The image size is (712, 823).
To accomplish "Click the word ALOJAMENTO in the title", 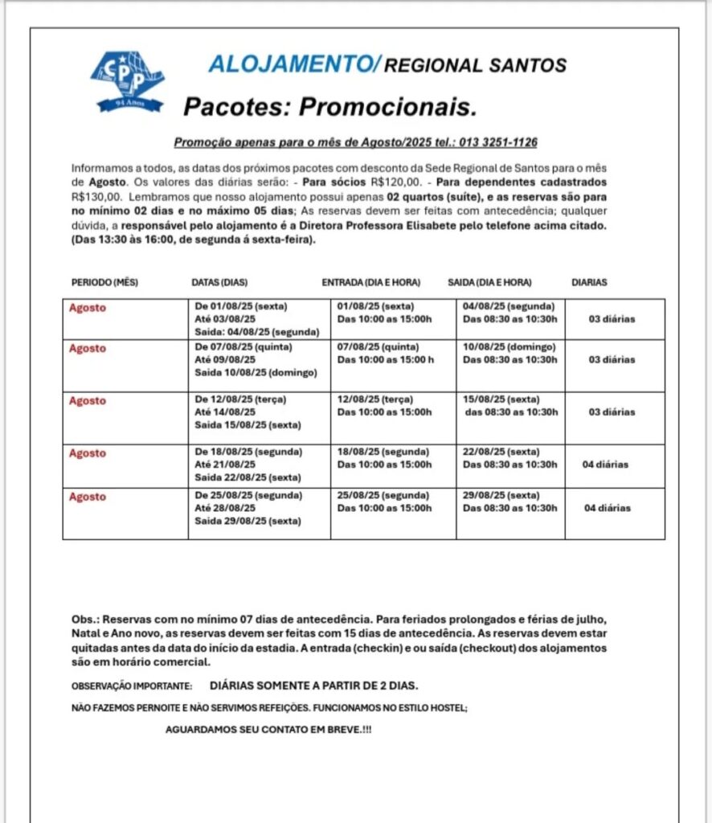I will pyautogui.click(x=290, y=65).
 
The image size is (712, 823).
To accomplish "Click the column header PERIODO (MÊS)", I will pyautogui.click(x=105, y=282).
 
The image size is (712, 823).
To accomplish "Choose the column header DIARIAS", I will pyautogui.click(x=589, y=282).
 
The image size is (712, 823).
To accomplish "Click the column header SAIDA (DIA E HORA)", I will pyautogui.click(x=489, y=282).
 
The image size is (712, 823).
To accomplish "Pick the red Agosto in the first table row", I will pyautogui.click(x=87, y=308).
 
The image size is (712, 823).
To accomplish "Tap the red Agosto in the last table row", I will pyautogui.click(x=87, y=497).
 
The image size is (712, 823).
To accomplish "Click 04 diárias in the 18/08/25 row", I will pyautogui.click(x=606, y=465).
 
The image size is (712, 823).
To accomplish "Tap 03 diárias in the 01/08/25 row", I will pyautogui.click(x=612, y=319).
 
